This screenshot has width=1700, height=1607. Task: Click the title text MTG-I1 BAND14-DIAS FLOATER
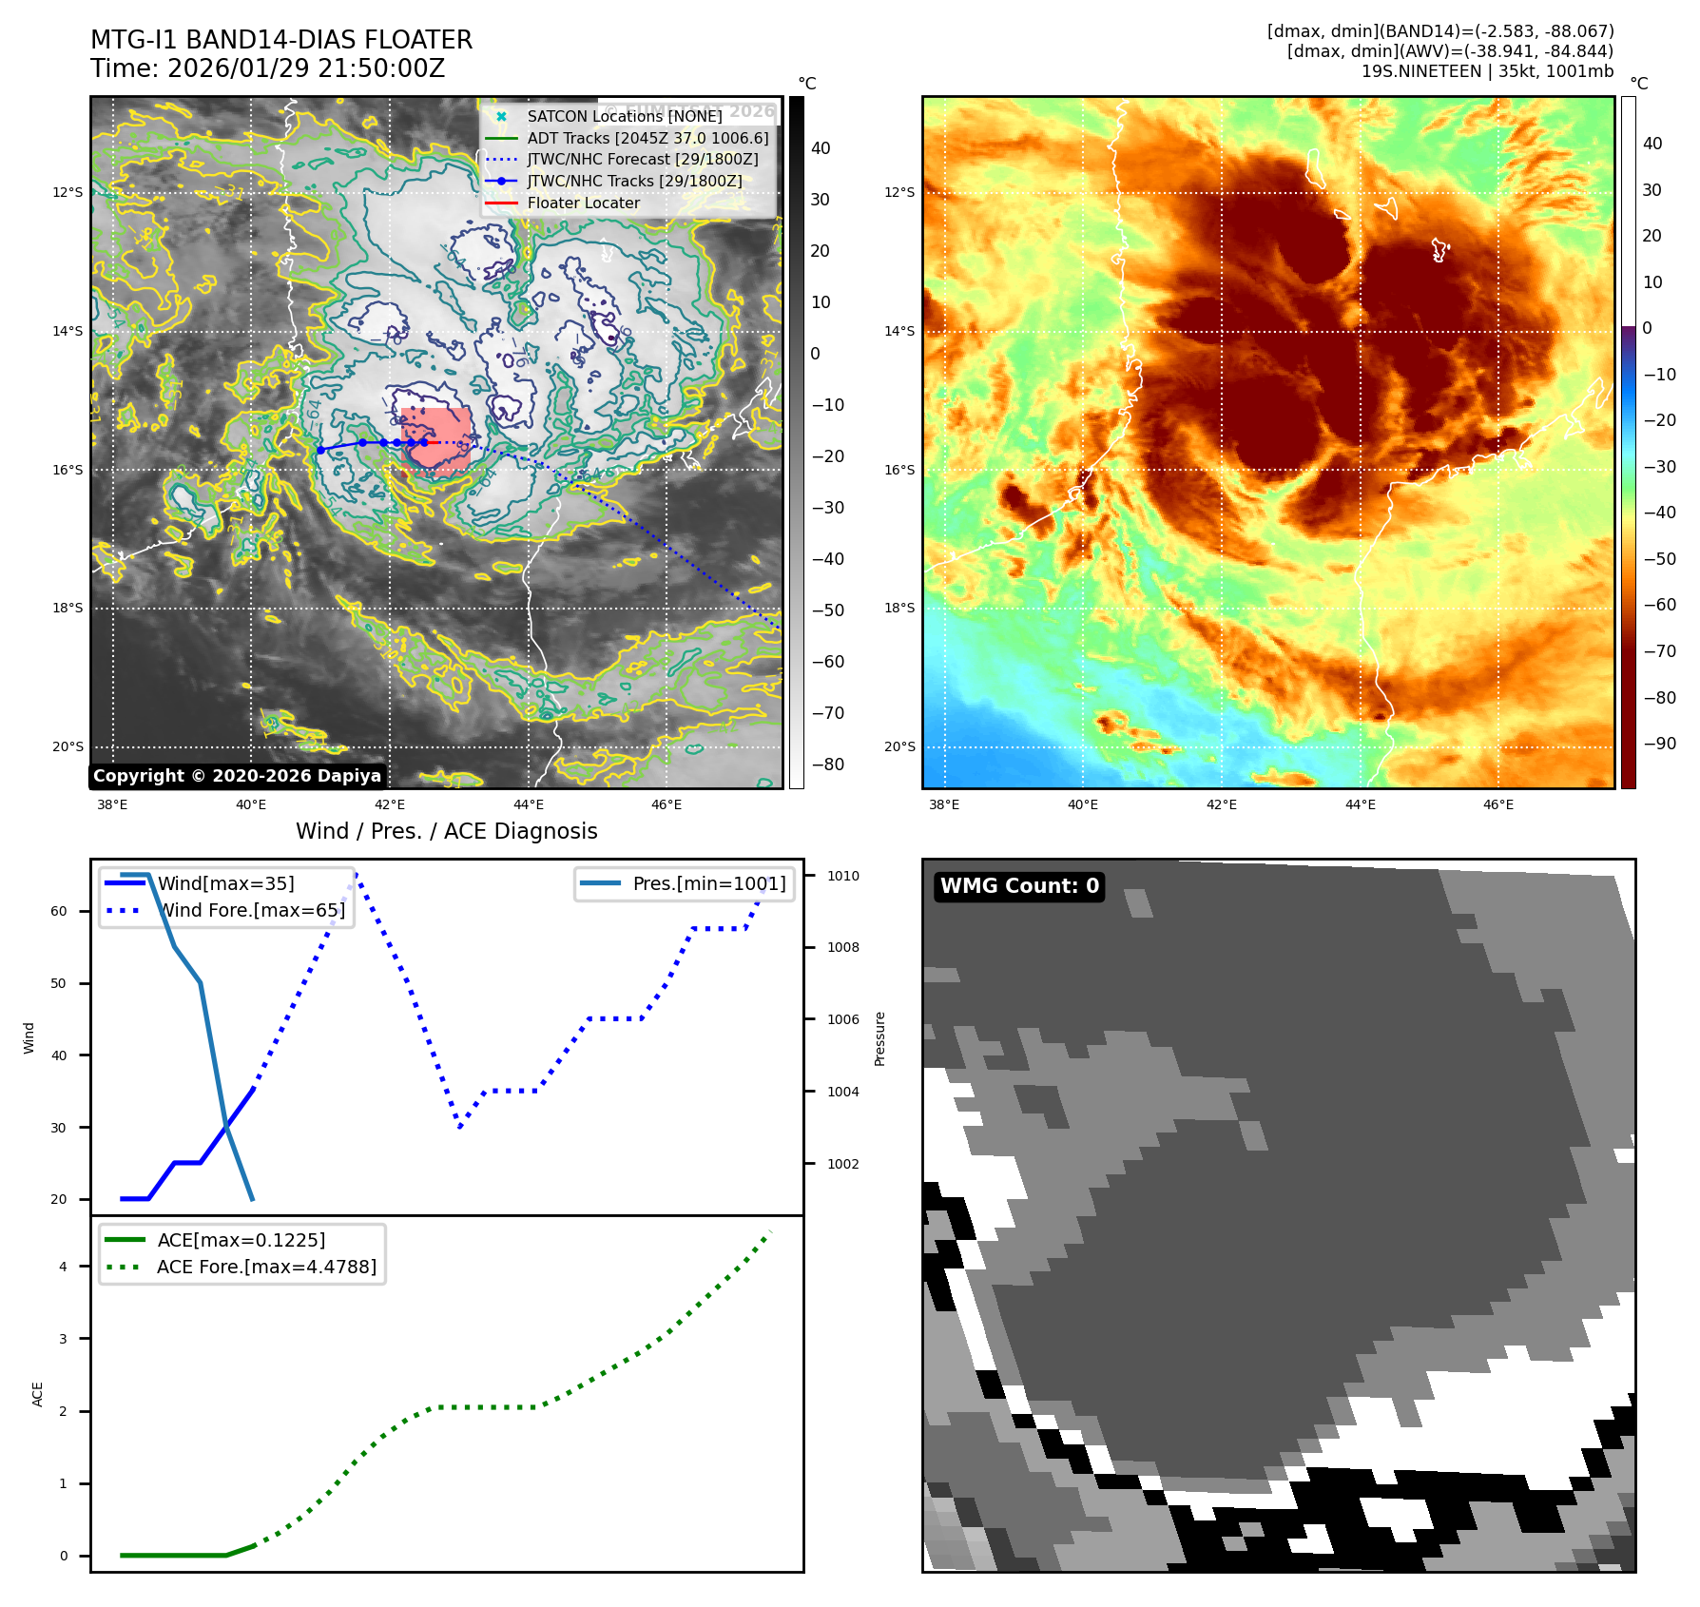(x=281, y=40)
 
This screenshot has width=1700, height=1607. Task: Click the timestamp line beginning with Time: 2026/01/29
(x=267, y=68)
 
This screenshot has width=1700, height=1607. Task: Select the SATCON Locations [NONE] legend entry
(x=624, y=116)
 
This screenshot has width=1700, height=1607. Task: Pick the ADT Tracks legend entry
(x=647, y=138)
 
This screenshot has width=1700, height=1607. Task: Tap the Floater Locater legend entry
(x=583, y=203)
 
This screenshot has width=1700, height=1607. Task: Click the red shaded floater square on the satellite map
(x=436, y=438)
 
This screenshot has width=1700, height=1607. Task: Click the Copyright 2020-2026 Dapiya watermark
(x=237, y=776)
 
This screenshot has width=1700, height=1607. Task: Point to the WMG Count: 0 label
(x=1019, y=886)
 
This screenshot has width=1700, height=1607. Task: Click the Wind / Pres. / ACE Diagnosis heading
(x=446, y=831)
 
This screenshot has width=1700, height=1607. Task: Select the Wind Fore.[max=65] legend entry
(x=251, y=910)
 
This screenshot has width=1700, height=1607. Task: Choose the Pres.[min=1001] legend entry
(x=708, y=883)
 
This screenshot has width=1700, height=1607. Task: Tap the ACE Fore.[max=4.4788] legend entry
(x=266, y=1267)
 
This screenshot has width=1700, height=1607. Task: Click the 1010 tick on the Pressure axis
(x=842, y=876)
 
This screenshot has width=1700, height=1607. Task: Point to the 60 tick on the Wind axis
(x=59, y=911)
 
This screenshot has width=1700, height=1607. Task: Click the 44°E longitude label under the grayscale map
(x=529, y=804)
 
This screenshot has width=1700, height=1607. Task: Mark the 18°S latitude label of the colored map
(x=899, y=608)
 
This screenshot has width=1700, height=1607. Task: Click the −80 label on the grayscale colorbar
(x=827, y=765)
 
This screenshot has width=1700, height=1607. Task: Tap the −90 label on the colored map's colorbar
(x=1659, y=744)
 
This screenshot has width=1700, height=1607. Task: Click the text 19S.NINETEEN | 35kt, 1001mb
(x=1487, y=71)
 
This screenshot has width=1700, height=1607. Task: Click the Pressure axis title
(x=879, y=1038)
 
